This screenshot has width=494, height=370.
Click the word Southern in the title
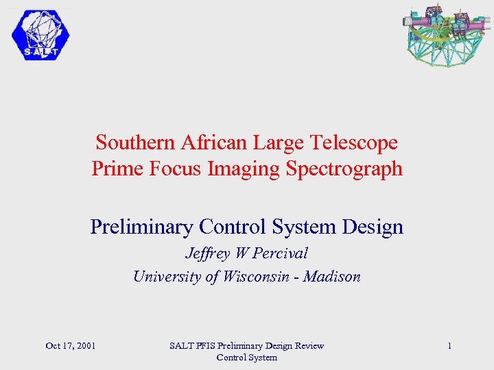[x=136, y=143]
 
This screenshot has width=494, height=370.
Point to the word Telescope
[x=353, y=143]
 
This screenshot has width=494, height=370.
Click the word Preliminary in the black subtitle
[x=141, y=226]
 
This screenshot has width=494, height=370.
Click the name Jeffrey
[x=208, y=253]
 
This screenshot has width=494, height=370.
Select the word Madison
[x=333, y=276]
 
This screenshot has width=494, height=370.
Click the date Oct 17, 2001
[x=70, y=345]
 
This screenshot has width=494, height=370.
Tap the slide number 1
[x=449, y=345]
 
